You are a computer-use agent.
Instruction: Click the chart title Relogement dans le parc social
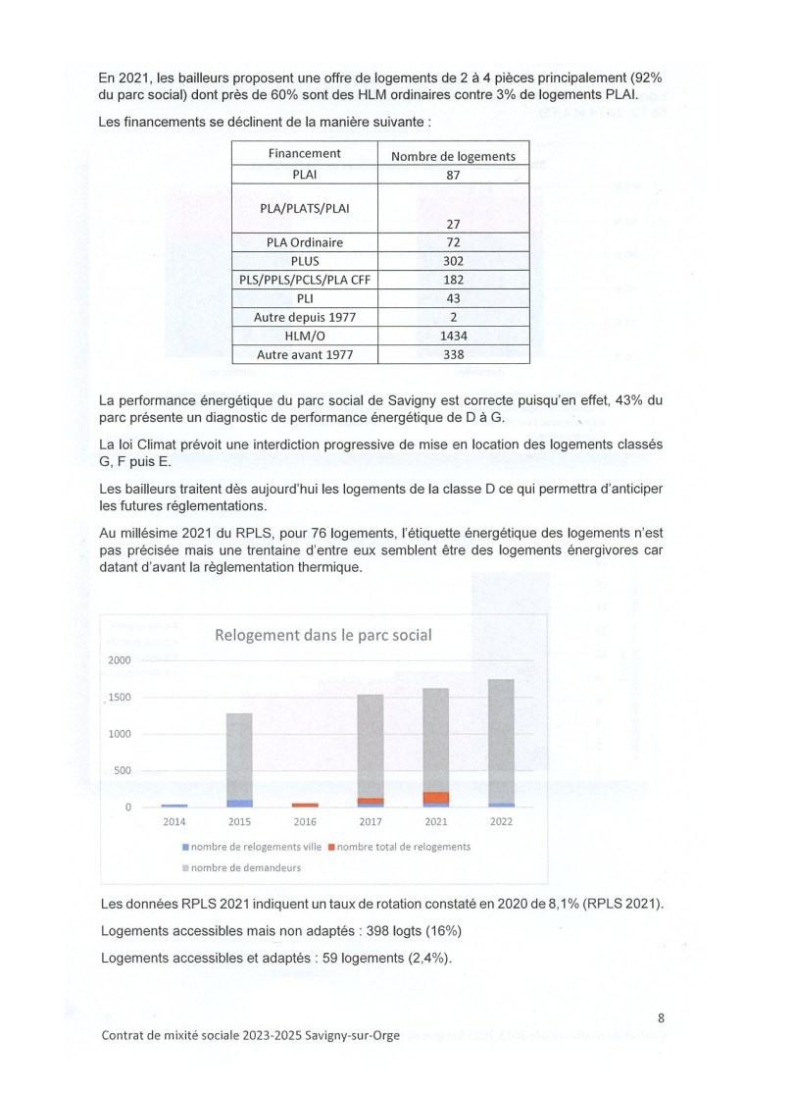(323, 635)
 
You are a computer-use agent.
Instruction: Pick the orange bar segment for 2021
(437, 797)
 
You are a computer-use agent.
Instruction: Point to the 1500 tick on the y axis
(119, 698)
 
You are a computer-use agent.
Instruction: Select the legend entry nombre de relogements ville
(251, 847)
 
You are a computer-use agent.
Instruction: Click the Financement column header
(304, 154)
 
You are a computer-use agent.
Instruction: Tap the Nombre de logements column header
(453, 156)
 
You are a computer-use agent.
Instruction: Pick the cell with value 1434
(453, 336)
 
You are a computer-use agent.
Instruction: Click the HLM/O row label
(304, 336)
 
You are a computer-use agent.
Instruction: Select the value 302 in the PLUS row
(453, 261)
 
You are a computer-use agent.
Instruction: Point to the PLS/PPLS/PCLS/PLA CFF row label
(304, 280)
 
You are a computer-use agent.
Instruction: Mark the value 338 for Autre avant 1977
(453, 354)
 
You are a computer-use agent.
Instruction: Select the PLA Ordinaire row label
(304, 242)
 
